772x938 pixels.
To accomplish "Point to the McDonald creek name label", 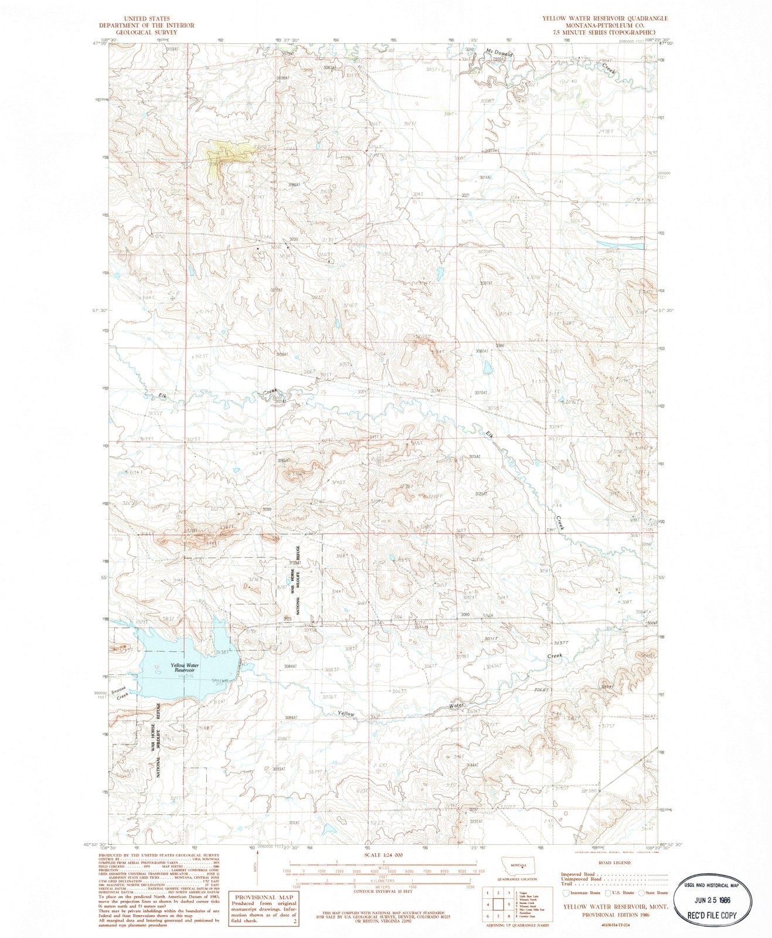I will tap(499, 53).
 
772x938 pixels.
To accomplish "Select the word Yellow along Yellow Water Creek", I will tap(346, 713).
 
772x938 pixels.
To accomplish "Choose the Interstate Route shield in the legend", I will tap(565, 893).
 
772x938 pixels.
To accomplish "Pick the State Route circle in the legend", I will tap(642, 893).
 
